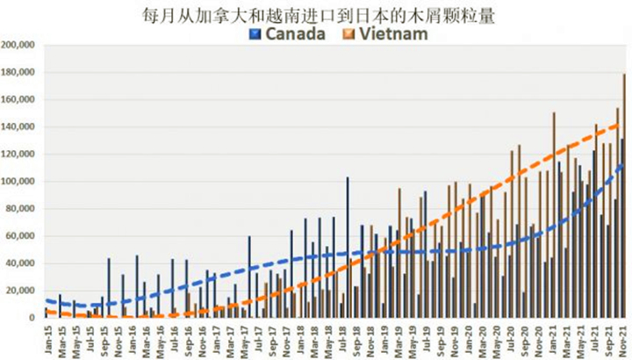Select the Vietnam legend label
pos(394,34)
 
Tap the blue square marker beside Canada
pos(255,34)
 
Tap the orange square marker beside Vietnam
pos(348,34)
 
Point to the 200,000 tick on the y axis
pos(18,46)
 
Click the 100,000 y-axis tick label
pos(18,182)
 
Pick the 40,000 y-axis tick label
pos(21,263)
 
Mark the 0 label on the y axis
pos(32,318)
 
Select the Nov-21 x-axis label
pos(621,337)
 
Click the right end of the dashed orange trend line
pos(621,125)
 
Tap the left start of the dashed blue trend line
pos(47,300)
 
